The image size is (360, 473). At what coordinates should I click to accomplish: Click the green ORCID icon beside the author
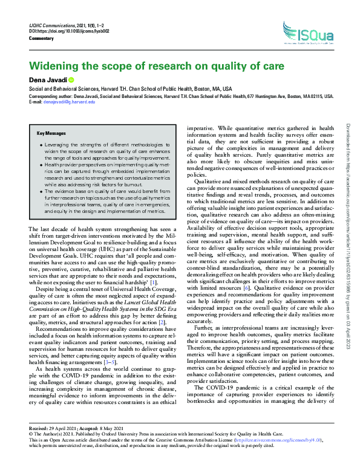tap(70, 79)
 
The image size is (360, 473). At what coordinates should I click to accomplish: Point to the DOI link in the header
tap(67, 30)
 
